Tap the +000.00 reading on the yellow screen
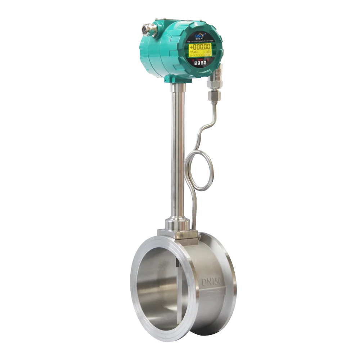click(200, 47)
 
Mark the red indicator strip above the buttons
click(201, 59)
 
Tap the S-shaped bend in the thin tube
click(203, 130)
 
